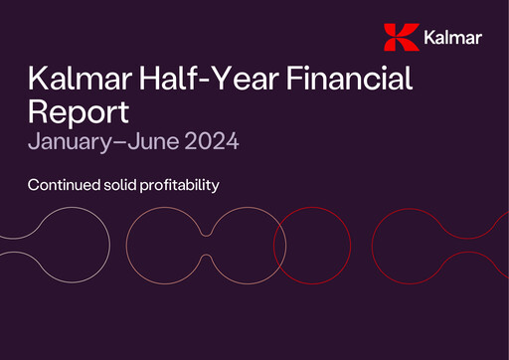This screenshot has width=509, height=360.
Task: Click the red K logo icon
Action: point(400,37)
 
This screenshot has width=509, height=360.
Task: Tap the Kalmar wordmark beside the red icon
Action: point(452,39)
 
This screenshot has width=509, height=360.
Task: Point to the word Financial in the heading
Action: point(348,79)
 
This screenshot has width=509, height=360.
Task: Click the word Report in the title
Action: point(79,109)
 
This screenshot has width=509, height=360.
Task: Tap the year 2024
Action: point(213,142)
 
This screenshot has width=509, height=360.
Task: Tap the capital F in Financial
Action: point(289,79)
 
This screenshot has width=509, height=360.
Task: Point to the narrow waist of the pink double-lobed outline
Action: point(206,245)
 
